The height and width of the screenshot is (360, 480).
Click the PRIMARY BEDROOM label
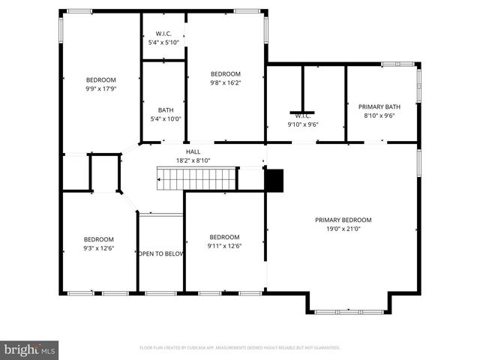click(x=343, y=220)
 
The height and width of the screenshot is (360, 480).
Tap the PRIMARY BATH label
click(x=379, y=106)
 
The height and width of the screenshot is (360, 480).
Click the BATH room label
click(x=165, y=109)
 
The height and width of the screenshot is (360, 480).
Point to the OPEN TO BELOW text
click(x=160, y=253)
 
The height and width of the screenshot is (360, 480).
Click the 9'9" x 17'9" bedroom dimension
click(x=100, y=88)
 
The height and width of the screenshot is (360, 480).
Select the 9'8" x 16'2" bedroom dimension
click(x=225, y=82)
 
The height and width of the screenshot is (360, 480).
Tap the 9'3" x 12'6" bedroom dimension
click(x=99, y=247)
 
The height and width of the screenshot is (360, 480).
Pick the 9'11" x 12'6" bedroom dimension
click(x=224, y=245)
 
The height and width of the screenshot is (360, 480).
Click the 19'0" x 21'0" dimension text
click(x=343, y=229)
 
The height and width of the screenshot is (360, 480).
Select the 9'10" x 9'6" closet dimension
click(x=304, y=124)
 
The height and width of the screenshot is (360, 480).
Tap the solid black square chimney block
click(x=274, y=180)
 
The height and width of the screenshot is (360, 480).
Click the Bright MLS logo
click(x=30, y=349)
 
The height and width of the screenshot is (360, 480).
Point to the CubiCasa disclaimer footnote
click(x=240, y=348)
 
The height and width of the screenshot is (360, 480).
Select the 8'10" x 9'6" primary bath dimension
click(x=379, y=115)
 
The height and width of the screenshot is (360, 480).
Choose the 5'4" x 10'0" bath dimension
click(x=165, y=118)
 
